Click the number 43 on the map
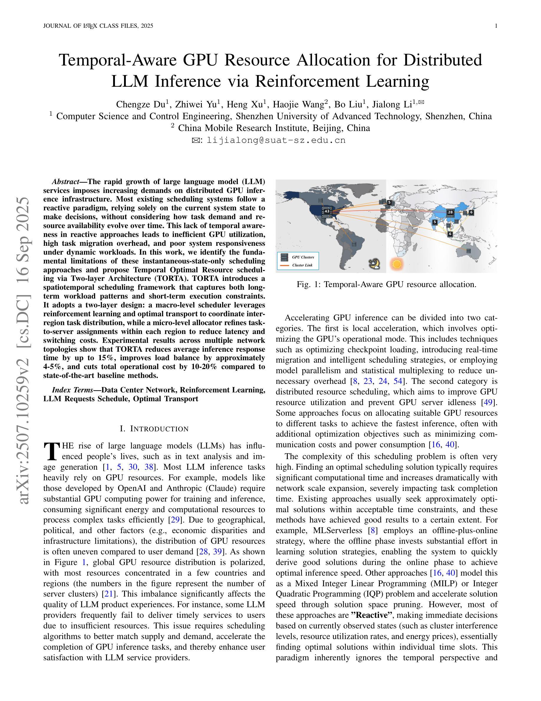click(x=326, y=211)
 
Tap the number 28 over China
click(x=450, y=212)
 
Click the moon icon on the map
click(x=374, y=264)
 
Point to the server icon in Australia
click(x=469, y=250)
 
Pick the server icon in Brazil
click(x=354, y=244)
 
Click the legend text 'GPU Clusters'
click(x=303, y=257)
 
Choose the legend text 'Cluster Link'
click(x=302, y=266)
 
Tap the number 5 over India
click(x=435, y=222)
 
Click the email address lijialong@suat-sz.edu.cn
click(x=276, y=140)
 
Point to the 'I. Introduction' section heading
click(x=154, y=429)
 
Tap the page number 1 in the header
click(x=496, y=26)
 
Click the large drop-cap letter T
click(x=51, y=451)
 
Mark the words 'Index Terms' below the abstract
click(x=72, y=390)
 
